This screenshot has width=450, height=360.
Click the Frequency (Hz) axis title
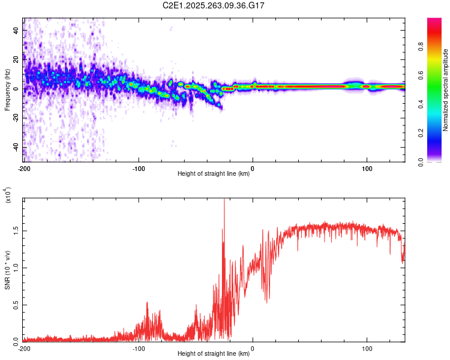[7, 89]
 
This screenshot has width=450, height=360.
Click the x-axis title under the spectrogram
[214, 174]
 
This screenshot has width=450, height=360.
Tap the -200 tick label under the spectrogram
[24, 167]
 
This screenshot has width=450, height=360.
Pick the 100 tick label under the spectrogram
[367, 167]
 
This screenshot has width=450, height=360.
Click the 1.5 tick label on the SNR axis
[16, 230]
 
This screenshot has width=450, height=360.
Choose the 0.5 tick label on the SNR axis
[16, 304]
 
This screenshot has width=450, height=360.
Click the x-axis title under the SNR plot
[214, 353]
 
